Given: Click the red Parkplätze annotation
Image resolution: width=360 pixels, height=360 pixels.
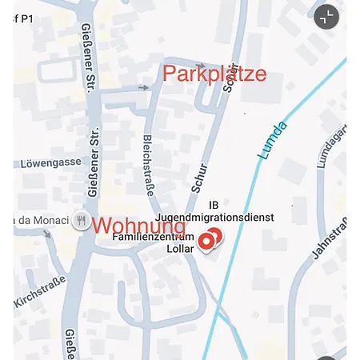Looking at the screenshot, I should [214, 74].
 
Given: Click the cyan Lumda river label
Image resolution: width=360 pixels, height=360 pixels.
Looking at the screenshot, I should [271, 141].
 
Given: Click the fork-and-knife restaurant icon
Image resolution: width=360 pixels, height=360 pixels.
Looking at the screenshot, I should [81, 221].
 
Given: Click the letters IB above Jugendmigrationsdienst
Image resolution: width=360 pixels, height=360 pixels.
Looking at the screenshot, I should [213, 206].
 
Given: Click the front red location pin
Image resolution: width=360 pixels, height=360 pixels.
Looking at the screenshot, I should [206, 241].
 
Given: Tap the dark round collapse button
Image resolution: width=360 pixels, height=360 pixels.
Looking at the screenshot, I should [326, 17].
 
